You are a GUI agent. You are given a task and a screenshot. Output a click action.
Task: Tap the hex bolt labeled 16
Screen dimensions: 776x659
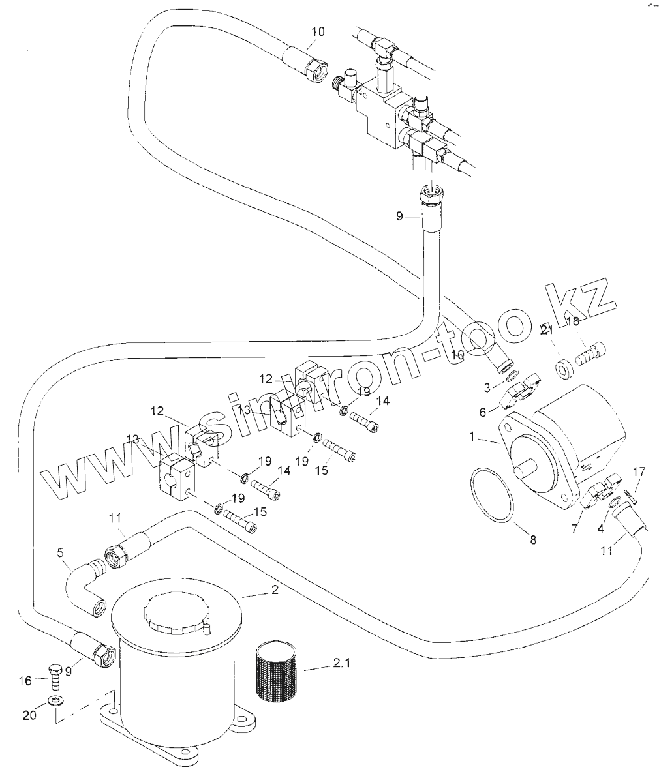click(55, 677)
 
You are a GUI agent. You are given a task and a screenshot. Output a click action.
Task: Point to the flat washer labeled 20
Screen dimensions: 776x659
click(55, 702)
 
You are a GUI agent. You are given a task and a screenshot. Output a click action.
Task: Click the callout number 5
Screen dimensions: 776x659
click(60, 552)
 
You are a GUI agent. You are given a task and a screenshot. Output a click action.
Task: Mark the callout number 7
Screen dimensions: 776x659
click(574, 529)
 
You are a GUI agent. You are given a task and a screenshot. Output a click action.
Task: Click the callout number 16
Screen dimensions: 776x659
click(24, 681)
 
